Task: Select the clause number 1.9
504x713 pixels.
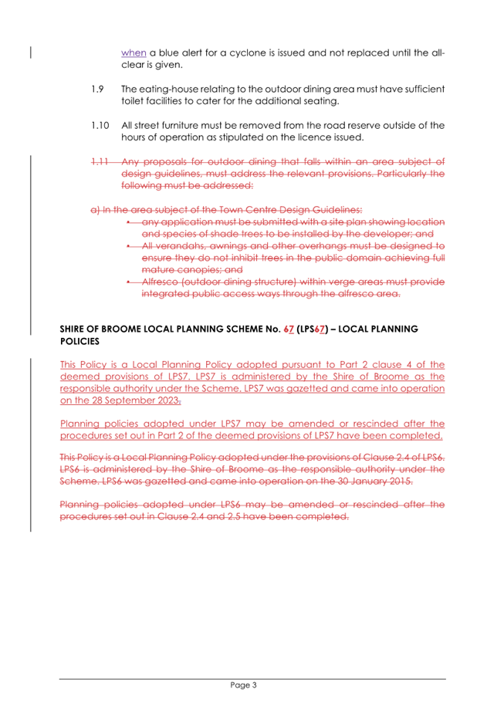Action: [x=97, y=89]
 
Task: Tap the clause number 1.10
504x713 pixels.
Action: [x=100, y=124]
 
